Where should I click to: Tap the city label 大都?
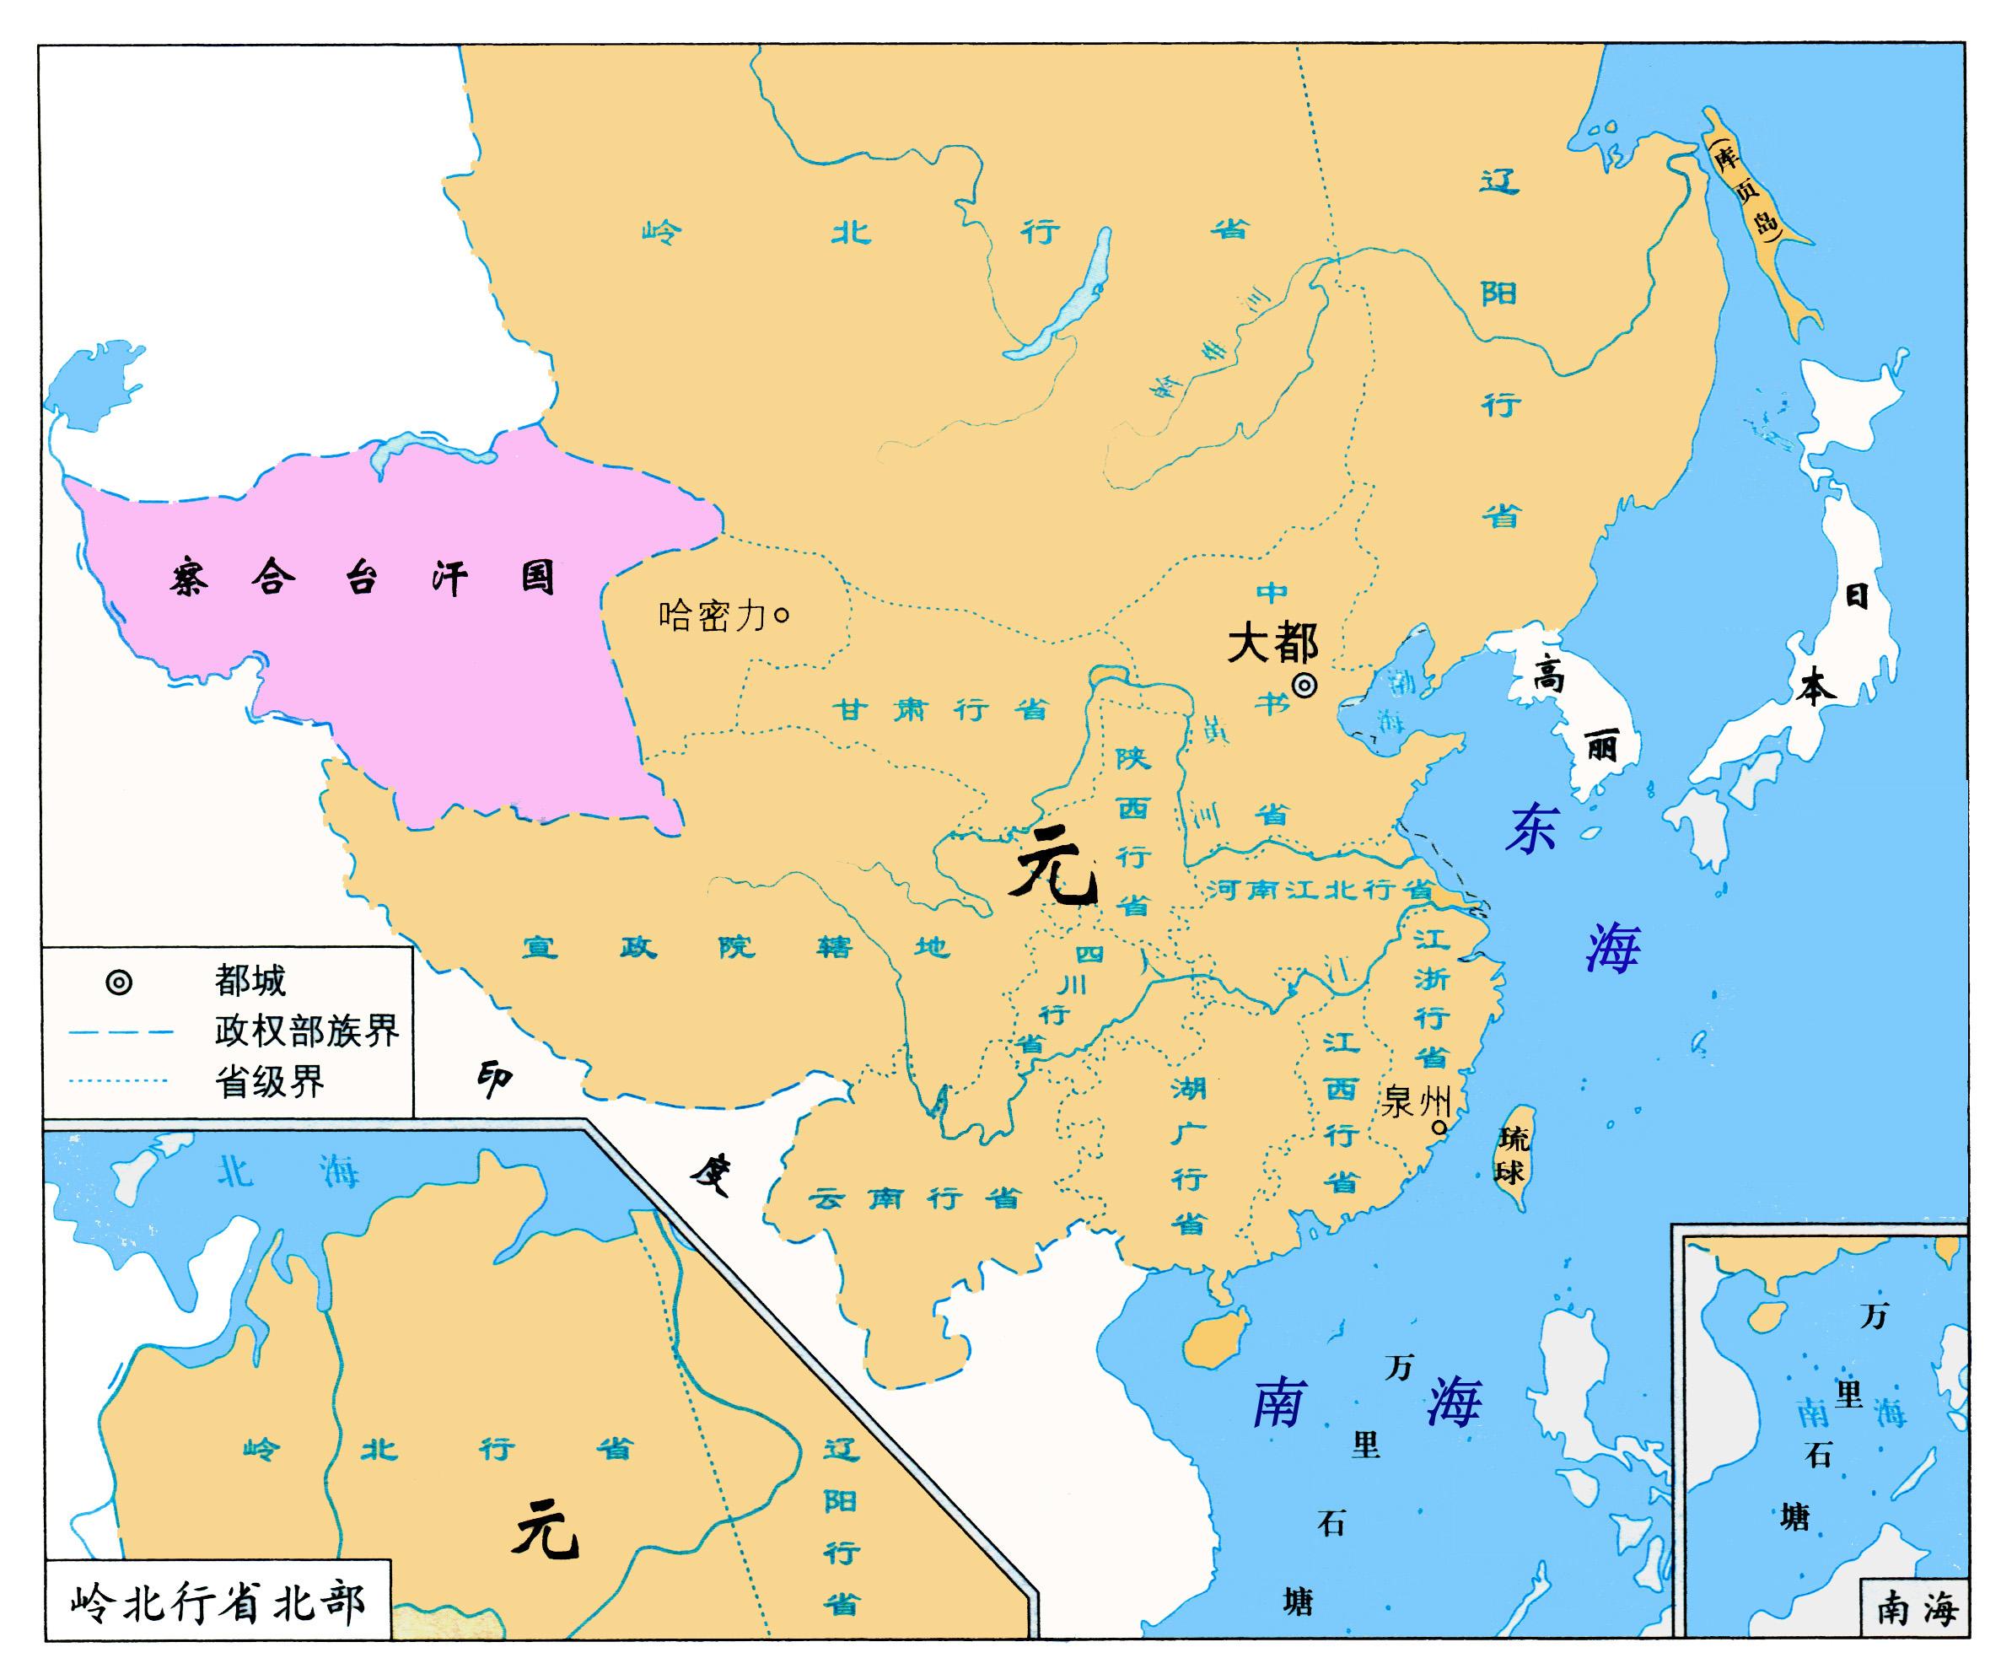coord(1272,644)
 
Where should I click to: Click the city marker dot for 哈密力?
coord(783,616)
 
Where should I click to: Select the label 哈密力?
coord(712,616)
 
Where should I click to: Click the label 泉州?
coord(1414,1101)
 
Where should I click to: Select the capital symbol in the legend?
coord(119,982)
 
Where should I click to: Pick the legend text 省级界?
coord(270,1080)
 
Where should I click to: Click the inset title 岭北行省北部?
coord(218,1604)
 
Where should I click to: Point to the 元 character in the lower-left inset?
coord(545,1532)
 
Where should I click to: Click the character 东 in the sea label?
coord(1531,827)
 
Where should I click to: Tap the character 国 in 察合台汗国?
coord(537,578)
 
